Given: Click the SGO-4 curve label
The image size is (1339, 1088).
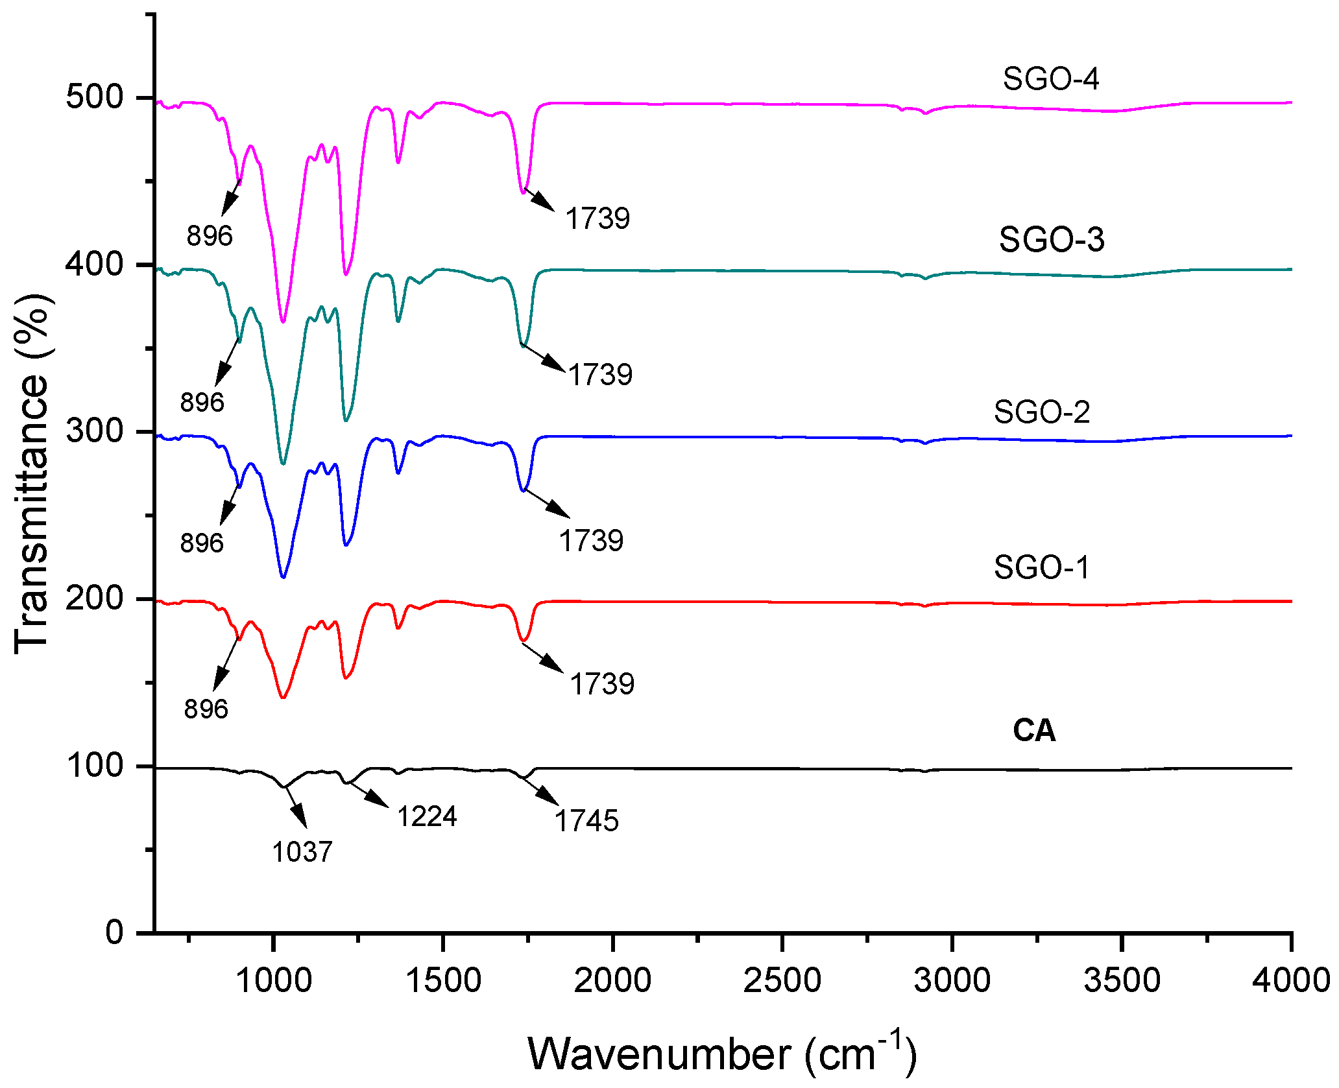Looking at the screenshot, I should pos(1050,78).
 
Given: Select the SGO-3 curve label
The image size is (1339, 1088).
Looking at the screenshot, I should pos(1051,239).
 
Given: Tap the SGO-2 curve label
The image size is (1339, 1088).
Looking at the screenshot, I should pos(1041,412).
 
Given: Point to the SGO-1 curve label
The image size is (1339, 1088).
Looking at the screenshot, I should pos(1041,567).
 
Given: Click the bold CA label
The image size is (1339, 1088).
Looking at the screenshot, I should pos(1034,731).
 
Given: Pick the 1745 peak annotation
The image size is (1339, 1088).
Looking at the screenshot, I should pos(586,821).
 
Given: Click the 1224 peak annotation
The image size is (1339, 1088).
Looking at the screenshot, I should pos(427,816).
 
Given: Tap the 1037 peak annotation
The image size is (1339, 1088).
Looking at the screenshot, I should pos(302,851).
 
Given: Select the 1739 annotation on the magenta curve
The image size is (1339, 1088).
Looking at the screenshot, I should pos(597,219).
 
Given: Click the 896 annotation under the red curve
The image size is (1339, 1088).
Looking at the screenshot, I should pos(206,709).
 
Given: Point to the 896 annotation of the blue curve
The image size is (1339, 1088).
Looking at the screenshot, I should pos(202,543).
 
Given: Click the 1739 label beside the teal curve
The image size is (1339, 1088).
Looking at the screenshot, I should pos(600,375).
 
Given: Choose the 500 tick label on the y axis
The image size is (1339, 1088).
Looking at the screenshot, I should pos(94,97).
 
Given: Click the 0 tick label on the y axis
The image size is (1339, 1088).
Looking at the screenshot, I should pos(114,932).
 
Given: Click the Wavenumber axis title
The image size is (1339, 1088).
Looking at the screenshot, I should pos(722,1053).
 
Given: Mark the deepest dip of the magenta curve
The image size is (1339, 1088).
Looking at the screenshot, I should pos(283,321).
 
